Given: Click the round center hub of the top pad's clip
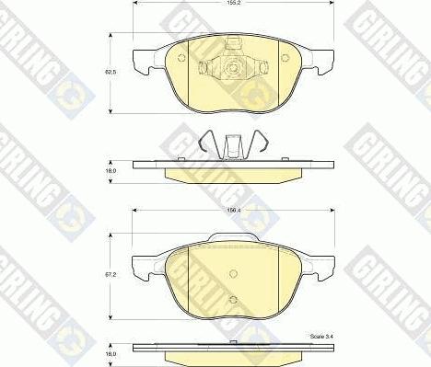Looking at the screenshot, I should point(233,67).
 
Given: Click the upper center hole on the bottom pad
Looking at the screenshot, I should point(233,272).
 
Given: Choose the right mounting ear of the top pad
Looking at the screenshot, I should point(321,62).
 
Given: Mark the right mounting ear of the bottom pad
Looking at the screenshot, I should point(321,269).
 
